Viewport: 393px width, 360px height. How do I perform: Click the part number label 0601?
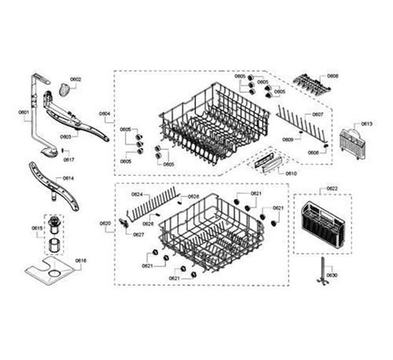[24, 112]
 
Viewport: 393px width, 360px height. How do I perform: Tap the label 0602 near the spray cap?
[76, 79]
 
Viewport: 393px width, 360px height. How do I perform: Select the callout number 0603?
[66, 136]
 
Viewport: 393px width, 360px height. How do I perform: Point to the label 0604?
[104, 114]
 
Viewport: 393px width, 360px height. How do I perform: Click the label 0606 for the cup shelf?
[333, 76]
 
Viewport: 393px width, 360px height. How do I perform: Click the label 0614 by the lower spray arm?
[68, 178]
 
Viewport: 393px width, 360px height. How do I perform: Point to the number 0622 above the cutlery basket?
[332, 189]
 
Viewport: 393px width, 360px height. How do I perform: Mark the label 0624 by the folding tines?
[136, 194]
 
